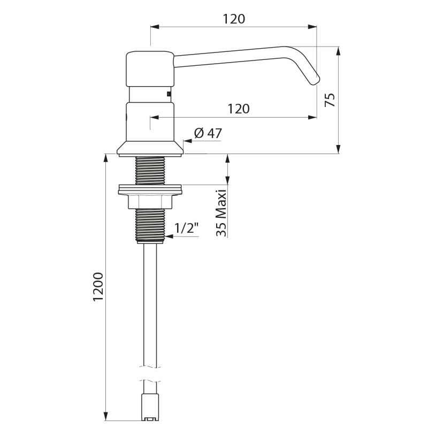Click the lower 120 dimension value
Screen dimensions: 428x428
click(239, 109)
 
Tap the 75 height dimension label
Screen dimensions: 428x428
click(330, 100)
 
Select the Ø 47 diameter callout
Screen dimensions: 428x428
click(208, 133)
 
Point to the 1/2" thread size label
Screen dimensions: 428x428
click(187, 228)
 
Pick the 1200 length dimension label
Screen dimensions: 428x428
click(97, 287)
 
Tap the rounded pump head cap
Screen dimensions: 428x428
click(150, 68)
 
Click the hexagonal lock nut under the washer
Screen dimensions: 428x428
click(150, 201)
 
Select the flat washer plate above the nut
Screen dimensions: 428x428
click(150, 188)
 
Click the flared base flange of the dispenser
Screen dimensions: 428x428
click(150, 149)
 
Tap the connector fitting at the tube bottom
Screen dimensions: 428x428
click(150, 408)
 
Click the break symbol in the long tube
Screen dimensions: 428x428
click(150, 373)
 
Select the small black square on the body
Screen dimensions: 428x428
click(170, 95)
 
